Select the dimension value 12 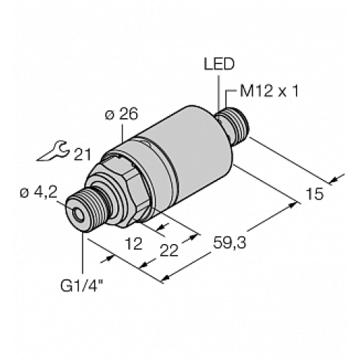[x=133, y=245]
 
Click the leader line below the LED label [x=219, y=91]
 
